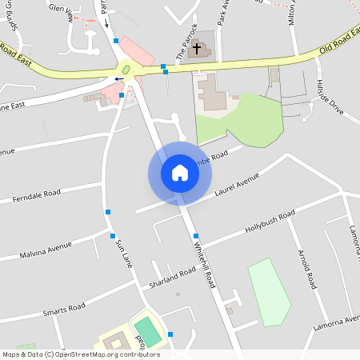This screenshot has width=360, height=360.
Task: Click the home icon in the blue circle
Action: pyautogui.click(x=180, y=173)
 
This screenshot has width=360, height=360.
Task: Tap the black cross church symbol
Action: pyautogui.click(x=196, y=49)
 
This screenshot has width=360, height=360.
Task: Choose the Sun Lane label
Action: pyautogui.click(x=122, y=252)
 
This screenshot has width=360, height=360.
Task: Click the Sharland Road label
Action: pyautogui.click(x=172, y=278)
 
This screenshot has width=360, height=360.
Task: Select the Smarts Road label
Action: pyautogui.click(x=64, y=308)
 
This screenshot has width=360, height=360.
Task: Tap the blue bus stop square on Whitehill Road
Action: pyautogui.click(x=196, y=236)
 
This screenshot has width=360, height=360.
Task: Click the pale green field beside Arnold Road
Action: pyautogui.click(x=269, y=292)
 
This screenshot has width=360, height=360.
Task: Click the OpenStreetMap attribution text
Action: pyautogui.click(x=81, y=354)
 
